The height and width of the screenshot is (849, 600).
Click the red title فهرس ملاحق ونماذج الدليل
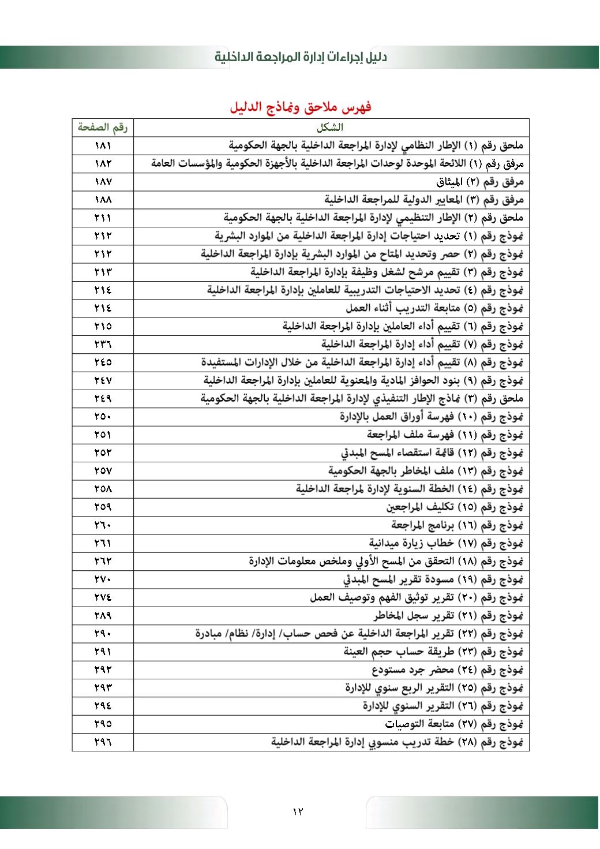[x=300, y=107]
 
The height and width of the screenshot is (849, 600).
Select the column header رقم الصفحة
[x=103, y=127]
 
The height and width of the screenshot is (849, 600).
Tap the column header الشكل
[x=331, y=128]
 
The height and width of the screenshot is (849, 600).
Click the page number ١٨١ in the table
[x=103, y=145]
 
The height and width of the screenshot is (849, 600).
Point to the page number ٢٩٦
[x=103, y=742]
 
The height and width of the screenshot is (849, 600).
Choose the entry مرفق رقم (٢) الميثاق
[x=479, y=182]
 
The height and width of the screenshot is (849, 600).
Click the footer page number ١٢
[x=298, y=811]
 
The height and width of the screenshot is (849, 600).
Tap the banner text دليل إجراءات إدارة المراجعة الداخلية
[x=301, y=57]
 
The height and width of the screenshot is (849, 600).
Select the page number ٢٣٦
[x=103, y=345]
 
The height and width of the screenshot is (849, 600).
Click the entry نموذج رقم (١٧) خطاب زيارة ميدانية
[x=446, y=543]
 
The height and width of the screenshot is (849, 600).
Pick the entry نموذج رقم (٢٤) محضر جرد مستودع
[x=447, y=670]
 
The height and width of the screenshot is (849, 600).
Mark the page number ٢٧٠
[x=103, y=579]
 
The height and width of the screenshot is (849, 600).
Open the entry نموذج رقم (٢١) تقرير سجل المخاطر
[x=448, y=615]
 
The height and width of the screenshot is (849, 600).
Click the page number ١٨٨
[x=103, y=200]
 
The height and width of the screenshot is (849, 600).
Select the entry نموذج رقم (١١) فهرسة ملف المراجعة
[x=445, y=435]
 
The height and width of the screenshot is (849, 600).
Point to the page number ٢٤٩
[x=103, y=399]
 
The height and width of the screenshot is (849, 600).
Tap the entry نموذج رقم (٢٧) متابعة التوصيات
[x=454, y=724]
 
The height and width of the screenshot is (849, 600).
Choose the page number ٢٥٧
[x=103, y=471]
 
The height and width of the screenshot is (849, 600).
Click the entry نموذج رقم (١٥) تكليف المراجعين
[x=455, y=507]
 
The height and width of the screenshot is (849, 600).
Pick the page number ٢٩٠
[x=103, y=634]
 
